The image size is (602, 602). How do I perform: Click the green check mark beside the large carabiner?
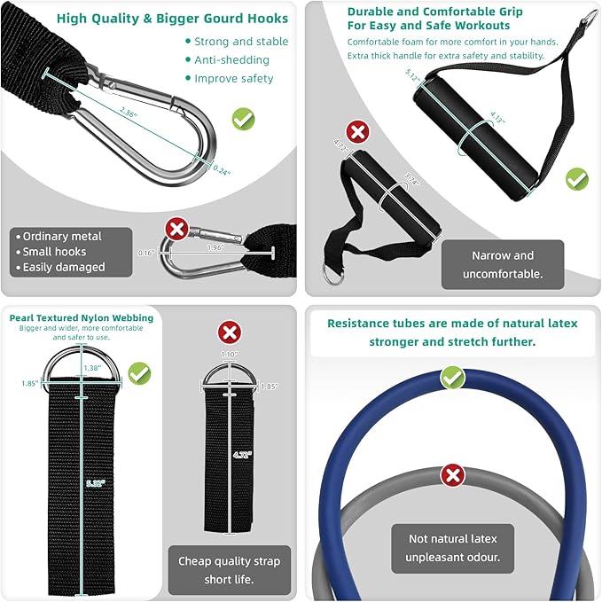tap(244, 118)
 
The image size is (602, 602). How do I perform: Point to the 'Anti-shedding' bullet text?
tap(231, 59)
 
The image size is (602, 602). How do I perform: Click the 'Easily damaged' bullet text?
tap(64, 267)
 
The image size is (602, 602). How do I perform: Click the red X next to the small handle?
tap(357, 133)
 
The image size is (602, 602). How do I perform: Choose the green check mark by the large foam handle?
tap(577, 178)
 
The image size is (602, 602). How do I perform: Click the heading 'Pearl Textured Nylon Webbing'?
tap(82, 317)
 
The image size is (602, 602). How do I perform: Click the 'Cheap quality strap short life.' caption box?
tap(229, 569)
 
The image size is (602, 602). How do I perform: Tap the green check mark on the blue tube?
tap(453, 378)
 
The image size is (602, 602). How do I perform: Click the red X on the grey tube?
tap(453, 475)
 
